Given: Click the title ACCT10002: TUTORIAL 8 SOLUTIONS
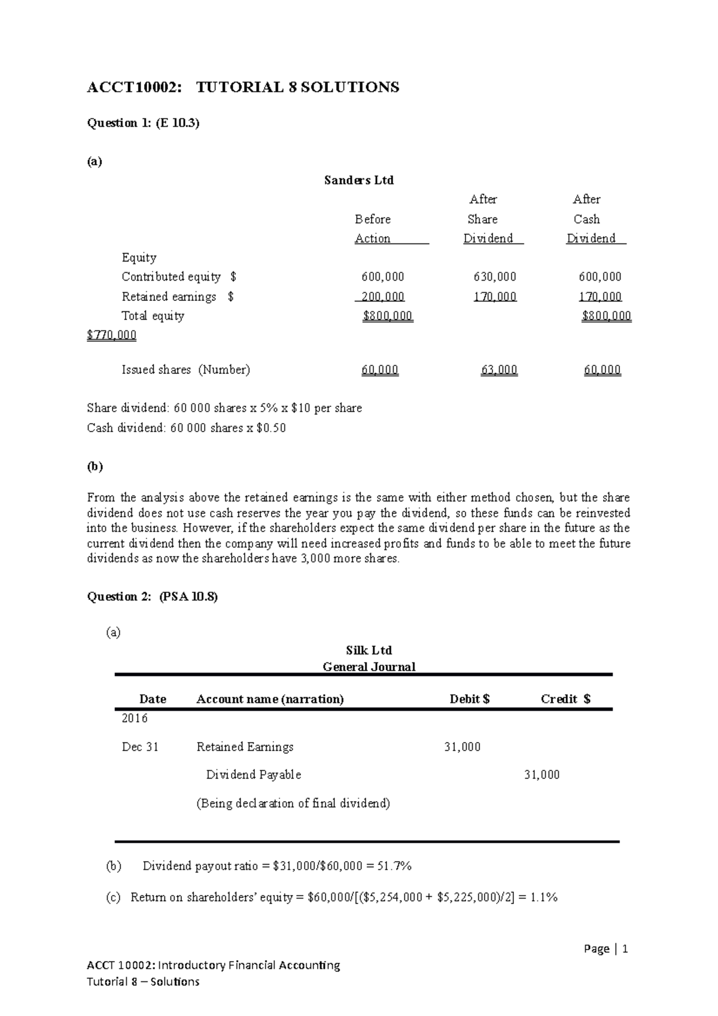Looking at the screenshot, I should coord(242,87).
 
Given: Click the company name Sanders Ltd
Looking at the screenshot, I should coord(358,180).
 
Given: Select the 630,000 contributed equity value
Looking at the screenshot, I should coord(494,276).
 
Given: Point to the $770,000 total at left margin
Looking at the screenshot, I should coord(111,335).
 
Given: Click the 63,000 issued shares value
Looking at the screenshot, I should coord(499,370).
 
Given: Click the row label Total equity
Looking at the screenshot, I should coord(153,316).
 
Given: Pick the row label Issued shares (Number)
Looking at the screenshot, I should coord(185,370).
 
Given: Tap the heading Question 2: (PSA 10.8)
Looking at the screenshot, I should coord(152,597).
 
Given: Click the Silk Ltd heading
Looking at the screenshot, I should coord(369,650).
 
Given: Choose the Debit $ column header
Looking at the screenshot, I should coord(470,699).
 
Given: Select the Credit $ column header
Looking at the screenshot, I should coord(565,699).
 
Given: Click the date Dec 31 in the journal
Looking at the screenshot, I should coord(140,747).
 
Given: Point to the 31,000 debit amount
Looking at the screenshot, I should coord(462,747).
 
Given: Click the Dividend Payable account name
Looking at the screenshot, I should coord(253,775).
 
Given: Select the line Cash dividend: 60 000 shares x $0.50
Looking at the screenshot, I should coord(186,428).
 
